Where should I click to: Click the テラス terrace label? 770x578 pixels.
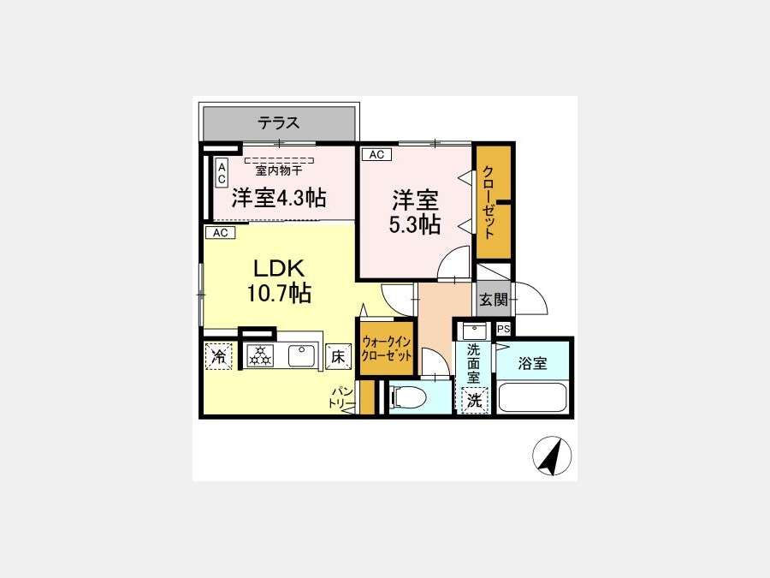tap(278, 122)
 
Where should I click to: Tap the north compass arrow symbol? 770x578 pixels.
tap(552, 456)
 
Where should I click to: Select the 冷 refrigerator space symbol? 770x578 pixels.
tap(218, 356)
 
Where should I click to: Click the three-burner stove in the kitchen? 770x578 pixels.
tap(260, 355)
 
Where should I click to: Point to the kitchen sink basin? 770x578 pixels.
tap(301, 356)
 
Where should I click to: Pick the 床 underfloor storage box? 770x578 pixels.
tap(338, 357)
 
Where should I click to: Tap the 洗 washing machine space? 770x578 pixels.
tap(474, 401)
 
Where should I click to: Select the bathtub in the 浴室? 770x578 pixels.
tap(533, 397)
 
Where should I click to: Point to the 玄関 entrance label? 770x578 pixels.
tap(493, 300)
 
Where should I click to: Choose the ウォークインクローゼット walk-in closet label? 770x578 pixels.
tap(386, 349)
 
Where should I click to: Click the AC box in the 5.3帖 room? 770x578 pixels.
tap(376, 154)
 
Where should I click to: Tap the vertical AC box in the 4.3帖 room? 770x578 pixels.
tap(222, 173)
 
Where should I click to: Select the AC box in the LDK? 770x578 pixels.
tap(221, 233)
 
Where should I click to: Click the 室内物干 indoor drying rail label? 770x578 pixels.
tap(278, 170)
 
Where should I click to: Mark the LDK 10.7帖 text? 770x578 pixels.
tap(278, 281)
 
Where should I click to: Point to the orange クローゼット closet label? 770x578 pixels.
tap(489, 202)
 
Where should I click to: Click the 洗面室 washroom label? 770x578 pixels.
tap(473, 364)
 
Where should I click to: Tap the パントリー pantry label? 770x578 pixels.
tap(341, 397)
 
